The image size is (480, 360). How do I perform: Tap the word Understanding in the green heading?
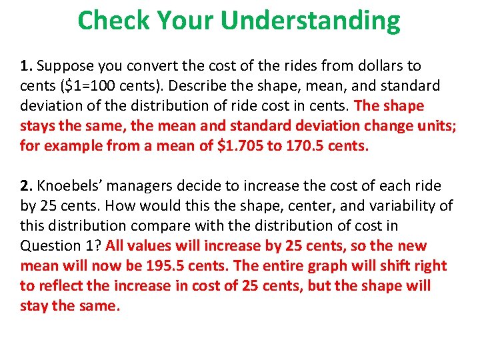tap(310, 21)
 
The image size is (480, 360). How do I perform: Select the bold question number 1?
tap(26, 66)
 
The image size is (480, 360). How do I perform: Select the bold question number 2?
tap(26, 186)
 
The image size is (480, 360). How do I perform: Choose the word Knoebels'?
tap(71, 186)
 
